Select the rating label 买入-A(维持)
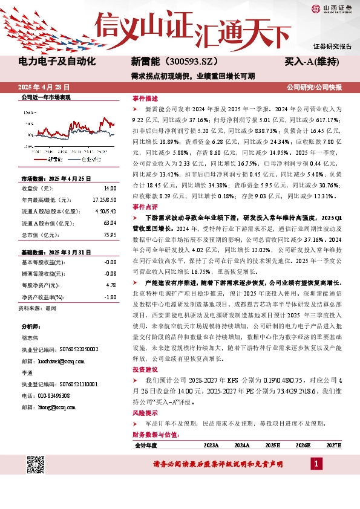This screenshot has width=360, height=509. (311, 62)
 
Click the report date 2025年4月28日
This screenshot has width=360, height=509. (47, 88)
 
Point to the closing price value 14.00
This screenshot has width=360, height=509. (109, 188)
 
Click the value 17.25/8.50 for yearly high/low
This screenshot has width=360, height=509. (104, 199)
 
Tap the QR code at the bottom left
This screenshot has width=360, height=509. (36, 465)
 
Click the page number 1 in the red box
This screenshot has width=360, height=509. (316, 463)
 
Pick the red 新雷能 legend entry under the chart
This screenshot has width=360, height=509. (56, 160)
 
